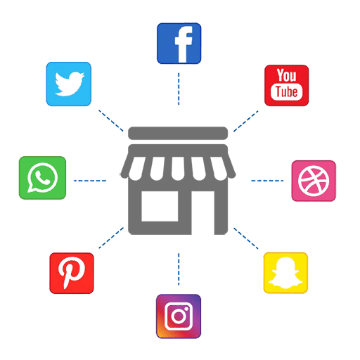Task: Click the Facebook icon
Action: click(x=179, y=44)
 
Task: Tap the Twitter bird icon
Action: click(x=68, y=84)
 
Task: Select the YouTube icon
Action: click(x=286, y=85)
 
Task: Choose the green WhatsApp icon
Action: click(x=42, y=178)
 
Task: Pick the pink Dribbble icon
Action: click(x=314, y=181)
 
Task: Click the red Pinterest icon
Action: click(x=72, y=273)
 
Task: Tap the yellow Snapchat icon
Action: click(x=285, y=273)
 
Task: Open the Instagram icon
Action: click(x=179, y=316)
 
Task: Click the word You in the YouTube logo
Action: click(x=286, y=75)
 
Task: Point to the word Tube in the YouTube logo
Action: click(x=286, y=91)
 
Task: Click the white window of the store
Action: click(x=160, y=206)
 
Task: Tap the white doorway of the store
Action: click(x=203, y=213)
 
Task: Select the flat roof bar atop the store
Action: click(x=178, y=133)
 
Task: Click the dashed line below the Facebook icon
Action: click(x=179, y=89)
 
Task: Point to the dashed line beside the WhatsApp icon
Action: click(x=90, y=181)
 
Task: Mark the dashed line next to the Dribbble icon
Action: click(x=267, y=181)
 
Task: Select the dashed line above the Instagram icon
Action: click(x=179, y=269)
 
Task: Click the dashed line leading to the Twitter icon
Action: click(x=111, y=120)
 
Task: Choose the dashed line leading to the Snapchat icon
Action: click(x=246, y=238)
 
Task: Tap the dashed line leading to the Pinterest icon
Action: click(x=111, y=238)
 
